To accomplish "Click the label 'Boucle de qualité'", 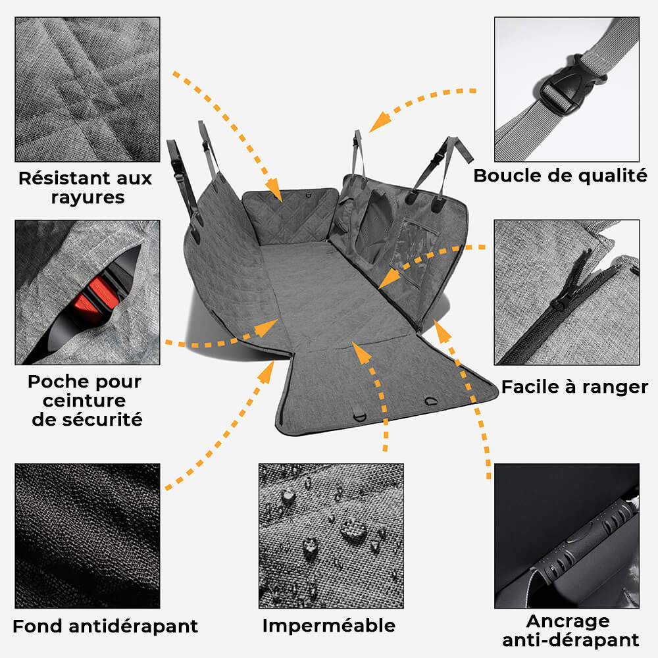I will pyautogui.click(x=560, y=176).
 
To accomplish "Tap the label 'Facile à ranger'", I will pyautogui.click(x=574, y=386).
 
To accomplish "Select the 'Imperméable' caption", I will pyautogui.click(x=329, y=625).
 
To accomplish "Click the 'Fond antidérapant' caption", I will pyautogui.click(x=105, y=625).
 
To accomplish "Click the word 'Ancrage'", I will pyautogui.click(x=568, y=620).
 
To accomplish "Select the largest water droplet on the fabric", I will pyautogui.click(x=354, y=530).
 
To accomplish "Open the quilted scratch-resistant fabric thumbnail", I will pyautogui.click(x=88, y=89).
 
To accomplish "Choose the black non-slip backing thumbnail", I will pyautogui.click(x=88, y=536).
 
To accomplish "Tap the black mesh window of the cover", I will pyautogui.click(x=372, y=227).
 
